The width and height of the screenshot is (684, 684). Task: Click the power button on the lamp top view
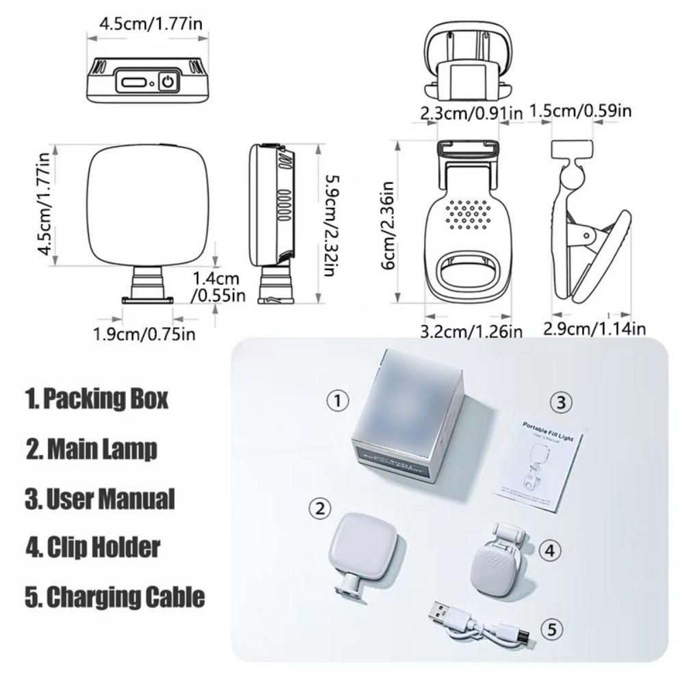(168, 83)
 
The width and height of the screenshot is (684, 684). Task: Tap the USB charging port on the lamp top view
(133, 83)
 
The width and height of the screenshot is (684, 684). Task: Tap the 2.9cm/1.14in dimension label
(594, 328)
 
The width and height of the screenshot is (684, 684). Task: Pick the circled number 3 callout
(561, 402)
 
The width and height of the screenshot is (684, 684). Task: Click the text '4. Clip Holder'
(93, 547)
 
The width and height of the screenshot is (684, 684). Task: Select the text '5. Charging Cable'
(115, 596)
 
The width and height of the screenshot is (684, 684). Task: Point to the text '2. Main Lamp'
(92, 449)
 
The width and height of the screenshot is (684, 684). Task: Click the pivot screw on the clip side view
(588, 236)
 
